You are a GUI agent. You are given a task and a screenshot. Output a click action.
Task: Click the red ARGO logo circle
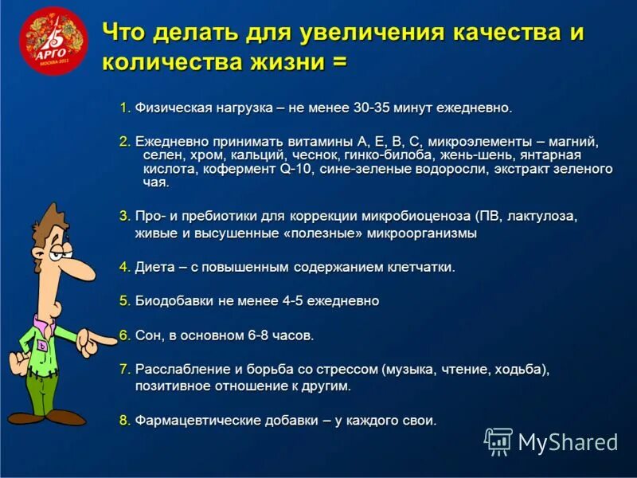click(x=53, y=41)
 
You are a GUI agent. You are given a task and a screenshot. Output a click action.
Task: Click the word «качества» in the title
click(x=506, y=34)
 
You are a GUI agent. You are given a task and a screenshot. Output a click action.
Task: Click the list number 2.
click(x=124, y=141)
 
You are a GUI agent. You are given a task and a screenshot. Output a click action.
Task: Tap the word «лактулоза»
click(x=541, y=216)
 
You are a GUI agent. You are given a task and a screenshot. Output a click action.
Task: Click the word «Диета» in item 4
click(x=154, y=267)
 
